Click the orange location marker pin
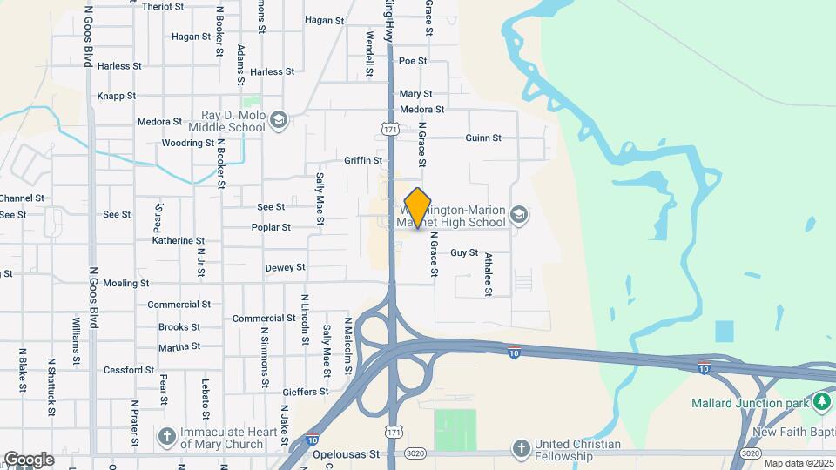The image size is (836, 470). tap(418, 208)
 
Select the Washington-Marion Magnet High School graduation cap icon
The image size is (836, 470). tap(519, 215)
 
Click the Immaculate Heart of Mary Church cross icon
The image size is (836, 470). tap(166, 434)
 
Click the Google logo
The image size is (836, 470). tap(29, 460)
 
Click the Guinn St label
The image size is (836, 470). tap(483, 138)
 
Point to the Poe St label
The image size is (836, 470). tap(413, 61)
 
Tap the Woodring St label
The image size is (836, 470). tap(188, 143)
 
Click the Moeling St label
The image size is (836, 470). tap(126, 284)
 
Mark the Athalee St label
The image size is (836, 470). tap(489, 274)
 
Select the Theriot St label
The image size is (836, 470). tap(163, 6)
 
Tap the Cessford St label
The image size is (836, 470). tap(129, 370)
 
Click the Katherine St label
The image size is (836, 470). tap(179, 240)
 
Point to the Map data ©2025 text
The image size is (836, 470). tap(798, 463)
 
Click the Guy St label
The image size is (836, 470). tap(464, 253)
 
